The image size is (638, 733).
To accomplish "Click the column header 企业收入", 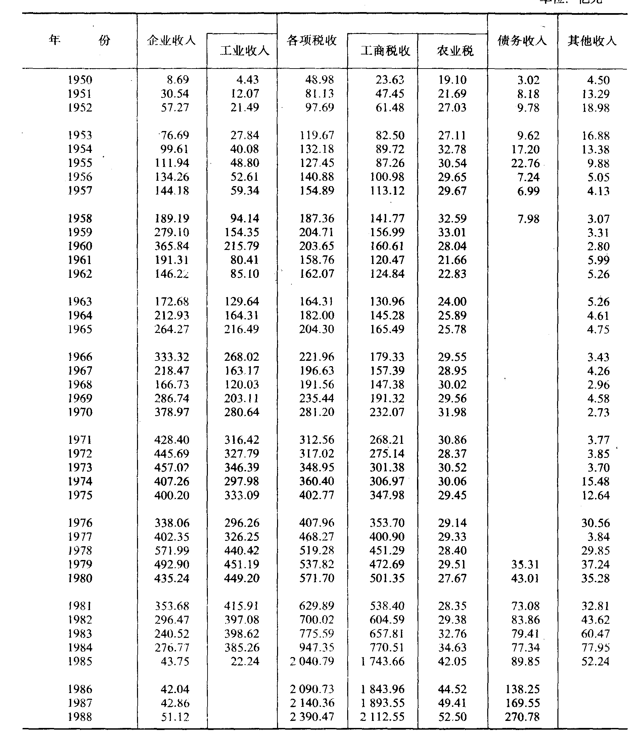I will (171, 41).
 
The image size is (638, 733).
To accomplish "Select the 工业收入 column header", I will (244, 51).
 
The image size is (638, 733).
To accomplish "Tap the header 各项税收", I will (312, 41).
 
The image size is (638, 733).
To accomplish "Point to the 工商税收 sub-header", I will (385, 51).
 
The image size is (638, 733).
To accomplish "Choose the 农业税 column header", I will (455, 51).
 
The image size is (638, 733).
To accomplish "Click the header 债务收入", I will (522, 41).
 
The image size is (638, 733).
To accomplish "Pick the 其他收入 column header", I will (592, 41).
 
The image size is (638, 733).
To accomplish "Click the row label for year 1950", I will (80, 80).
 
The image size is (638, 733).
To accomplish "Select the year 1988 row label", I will (80, 717).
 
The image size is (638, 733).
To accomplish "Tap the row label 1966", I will (80, 357).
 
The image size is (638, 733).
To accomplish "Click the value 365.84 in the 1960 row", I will (172, 246).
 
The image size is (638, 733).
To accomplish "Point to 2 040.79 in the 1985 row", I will (312, 661).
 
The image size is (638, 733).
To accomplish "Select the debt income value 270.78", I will (522, 717).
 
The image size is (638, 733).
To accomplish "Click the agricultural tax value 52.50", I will (452, 717).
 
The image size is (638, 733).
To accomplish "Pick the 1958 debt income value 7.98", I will (528, 219).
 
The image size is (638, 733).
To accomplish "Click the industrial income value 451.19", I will (242, 564).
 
